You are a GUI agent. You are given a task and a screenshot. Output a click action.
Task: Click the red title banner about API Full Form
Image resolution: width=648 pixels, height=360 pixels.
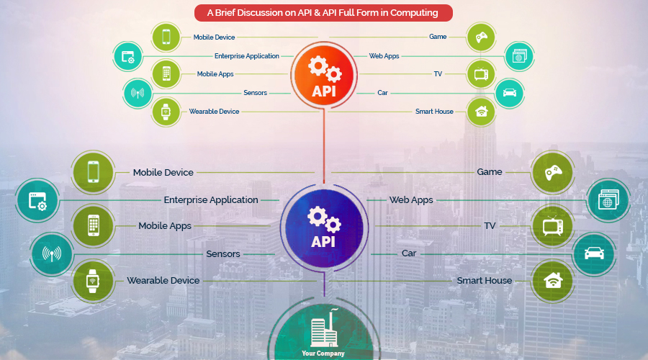tap(323, 13)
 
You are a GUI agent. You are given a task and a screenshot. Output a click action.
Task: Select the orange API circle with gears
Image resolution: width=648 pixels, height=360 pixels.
tap(324, 76)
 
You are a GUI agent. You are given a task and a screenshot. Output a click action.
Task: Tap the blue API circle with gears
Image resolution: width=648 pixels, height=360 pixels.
tap(324, 228)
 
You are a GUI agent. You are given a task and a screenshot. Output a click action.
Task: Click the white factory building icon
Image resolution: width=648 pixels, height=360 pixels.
tap(325, 328)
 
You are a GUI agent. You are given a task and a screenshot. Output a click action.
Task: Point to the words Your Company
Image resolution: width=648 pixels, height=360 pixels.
tap(323, 354)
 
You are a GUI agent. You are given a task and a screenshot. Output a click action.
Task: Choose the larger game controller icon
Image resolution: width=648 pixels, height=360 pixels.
tap(553, 172)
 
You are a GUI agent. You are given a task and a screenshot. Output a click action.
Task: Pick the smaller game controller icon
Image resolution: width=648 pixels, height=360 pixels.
tap(481, 37)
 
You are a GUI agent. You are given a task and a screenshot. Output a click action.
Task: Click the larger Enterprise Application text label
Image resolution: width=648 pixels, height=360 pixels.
tap(211, 200)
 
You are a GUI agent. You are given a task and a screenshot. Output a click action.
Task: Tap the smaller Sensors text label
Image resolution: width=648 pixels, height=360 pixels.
tap(255, 93)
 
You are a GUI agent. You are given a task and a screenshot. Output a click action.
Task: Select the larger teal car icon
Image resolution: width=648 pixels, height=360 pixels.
tap(594, 253)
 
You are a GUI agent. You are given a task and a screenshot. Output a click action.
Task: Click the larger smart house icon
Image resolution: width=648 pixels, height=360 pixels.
tap(553, 281)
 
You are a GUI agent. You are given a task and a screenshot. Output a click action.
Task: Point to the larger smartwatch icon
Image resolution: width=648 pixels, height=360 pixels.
tap(93, 282)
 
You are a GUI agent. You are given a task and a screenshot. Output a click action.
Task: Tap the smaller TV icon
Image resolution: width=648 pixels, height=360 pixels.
tap(481, 74)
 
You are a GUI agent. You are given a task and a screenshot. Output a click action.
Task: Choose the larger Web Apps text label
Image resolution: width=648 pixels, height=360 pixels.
tap(411, 200)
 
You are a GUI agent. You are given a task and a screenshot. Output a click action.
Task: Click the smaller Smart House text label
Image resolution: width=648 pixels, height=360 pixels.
tap(434, 111)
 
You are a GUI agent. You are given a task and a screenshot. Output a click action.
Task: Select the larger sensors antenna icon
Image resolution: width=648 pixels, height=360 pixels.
tap(52, 253)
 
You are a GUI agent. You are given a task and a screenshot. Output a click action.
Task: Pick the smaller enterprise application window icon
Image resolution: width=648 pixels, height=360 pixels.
tap(127, 57)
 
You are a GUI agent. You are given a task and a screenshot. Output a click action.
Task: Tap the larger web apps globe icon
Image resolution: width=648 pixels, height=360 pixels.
tap(608, 200)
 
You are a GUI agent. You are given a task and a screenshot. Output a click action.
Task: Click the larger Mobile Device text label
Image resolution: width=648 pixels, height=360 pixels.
tap(163, 172)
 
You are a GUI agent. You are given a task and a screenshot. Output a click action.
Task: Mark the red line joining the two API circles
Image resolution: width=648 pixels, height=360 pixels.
tap(324, 146)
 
